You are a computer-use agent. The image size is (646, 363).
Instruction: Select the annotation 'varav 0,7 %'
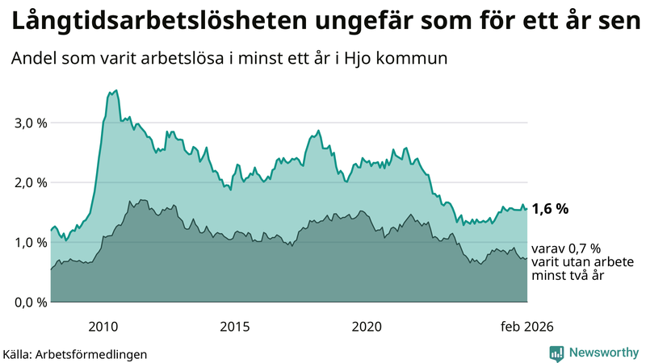tap(566, 249)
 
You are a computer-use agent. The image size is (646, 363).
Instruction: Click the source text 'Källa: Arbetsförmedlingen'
tap(75, 354)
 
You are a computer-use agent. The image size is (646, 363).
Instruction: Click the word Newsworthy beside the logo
tap(603, 353)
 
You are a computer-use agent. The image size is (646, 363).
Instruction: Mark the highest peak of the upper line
tap(116, 90)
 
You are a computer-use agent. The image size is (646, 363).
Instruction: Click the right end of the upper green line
tap(527, 209)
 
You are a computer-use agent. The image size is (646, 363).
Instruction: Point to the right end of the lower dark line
tap(527, 259)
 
